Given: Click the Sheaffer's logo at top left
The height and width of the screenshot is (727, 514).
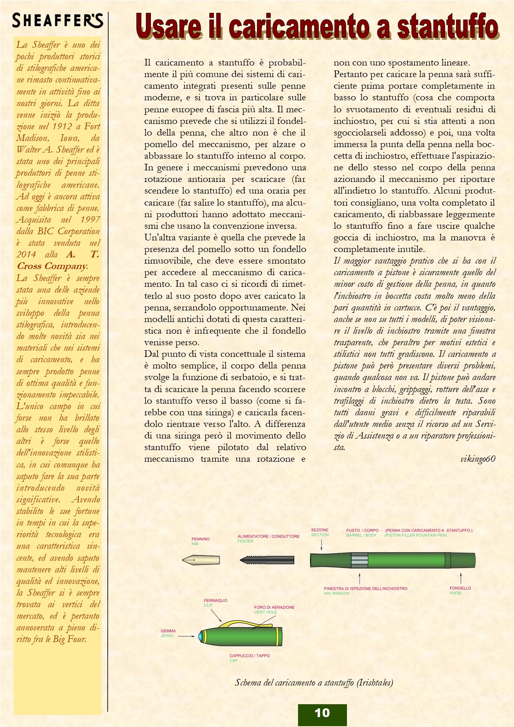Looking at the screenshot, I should (57, 20).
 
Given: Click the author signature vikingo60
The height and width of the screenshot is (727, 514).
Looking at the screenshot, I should (478, 459).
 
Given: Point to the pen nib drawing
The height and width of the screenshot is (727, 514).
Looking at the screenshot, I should (201, 560).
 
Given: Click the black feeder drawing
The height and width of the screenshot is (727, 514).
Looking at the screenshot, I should (267, 560).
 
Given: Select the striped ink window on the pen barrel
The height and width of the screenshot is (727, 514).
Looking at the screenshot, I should (359, 560).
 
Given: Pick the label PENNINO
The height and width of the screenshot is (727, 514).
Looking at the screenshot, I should (201, 539).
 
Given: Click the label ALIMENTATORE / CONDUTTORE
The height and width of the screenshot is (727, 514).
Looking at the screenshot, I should (268, 536).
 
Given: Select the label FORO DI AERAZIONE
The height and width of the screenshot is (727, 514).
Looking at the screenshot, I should (274, 607).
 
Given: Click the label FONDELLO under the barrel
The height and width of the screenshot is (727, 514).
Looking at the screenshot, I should (460, 588).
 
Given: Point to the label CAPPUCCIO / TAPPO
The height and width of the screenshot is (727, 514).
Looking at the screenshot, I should (250, 656).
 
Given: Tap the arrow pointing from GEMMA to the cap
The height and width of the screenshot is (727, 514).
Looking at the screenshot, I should (187, 636).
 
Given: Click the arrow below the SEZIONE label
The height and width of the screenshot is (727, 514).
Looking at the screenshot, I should (321, 545).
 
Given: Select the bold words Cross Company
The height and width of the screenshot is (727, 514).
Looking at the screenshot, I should (52, 266).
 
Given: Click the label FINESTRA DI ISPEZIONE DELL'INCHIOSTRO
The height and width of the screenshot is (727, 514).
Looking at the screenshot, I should (366, 589).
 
